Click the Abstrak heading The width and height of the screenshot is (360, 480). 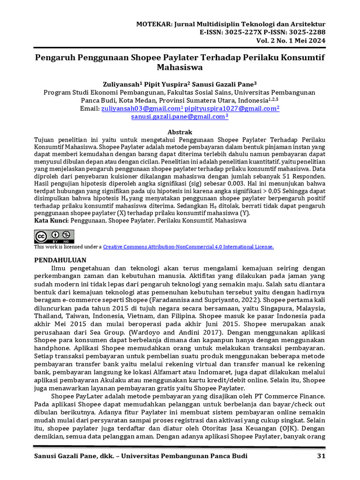[180, 132]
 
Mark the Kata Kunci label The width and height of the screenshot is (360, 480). [52, 220]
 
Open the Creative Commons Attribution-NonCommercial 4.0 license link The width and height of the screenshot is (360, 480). [188, 247]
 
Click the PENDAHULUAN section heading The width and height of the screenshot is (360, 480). [61, 259]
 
